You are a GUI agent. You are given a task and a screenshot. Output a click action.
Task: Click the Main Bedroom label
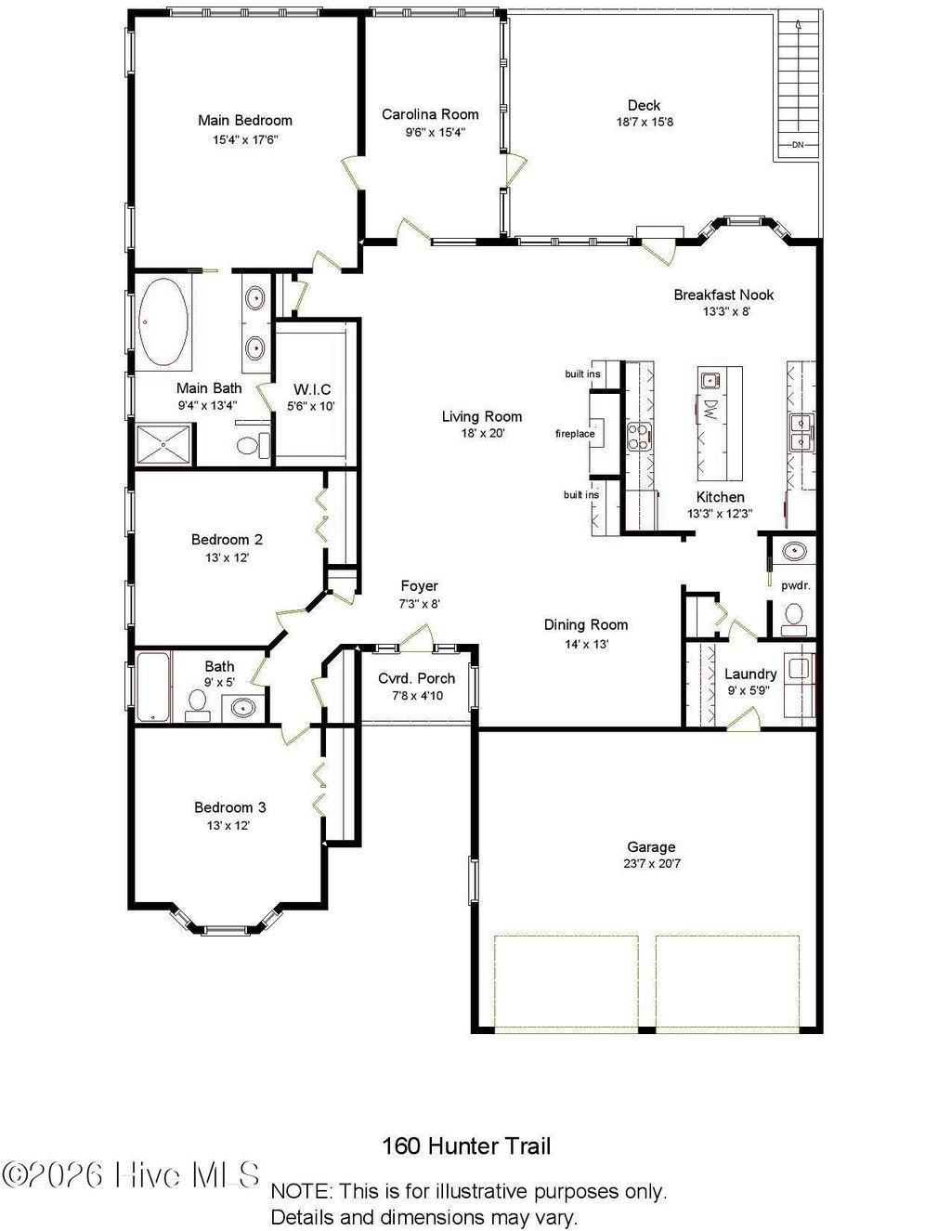(244, 120)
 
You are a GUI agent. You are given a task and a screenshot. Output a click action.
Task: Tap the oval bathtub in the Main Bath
(163, 322)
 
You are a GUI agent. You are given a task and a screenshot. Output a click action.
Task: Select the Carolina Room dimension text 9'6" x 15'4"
(430, 132)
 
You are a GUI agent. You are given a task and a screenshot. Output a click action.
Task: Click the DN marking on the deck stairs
(797, 145)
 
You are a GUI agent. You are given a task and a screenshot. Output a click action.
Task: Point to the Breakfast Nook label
(723, 295)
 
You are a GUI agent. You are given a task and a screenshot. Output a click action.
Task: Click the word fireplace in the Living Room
(575, 434)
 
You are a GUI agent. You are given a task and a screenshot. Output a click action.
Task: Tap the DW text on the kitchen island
(710, 408)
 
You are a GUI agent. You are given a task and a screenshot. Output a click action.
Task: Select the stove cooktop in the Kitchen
(639, 434)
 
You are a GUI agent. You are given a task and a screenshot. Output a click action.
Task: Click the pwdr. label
(795, 585)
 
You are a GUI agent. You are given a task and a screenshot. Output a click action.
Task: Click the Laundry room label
(750, 674)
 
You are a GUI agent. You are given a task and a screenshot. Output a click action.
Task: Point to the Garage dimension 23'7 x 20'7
(651, 863)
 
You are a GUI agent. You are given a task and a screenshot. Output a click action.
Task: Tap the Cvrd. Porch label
(416, 678)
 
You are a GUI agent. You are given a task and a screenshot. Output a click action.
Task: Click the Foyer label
(419, 585)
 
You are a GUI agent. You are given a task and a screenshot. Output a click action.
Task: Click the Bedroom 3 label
(229, 807)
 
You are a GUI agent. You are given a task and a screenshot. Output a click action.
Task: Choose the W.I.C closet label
(312, 389)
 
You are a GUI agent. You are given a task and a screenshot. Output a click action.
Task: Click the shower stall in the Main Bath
(166, 444)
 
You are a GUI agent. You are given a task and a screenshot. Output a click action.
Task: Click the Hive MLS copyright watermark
(131, 1175)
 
